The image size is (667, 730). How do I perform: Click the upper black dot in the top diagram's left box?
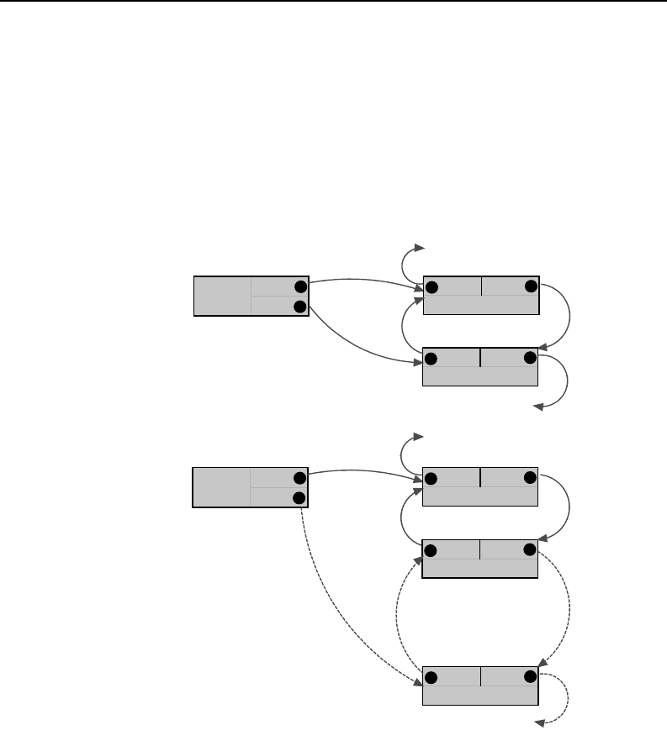[299, 286]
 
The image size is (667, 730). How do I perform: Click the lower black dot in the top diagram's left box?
[299, 307]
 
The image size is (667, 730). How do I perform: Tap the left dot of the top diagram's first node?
[432, 287]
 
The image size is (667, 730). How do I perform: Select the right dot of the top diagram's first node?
[530, 286]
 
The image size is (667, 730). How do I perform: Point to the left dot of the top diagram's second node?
[432, 360]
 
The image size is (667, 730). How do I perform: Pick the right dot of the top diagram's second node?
[530, 359]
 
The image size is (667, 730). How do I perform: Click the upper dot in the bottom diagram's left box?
[299, 477]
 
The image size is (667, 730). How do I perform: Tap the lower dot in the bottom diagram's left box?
[299, 497]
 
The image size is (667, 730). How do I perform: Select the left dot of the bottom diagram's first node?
[432, 479]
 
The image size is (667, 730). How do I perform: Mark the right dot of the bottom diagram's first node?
[530, 478]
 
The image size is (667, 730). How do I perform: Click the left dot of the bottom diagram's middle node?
[432, 551]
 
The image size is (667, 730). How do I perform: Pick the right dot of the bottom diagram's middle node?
[530, 550]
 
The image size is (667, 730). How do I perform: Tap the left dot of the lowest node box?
[432, 678]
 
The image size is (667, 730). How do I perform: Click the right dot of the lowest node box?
[530, 676]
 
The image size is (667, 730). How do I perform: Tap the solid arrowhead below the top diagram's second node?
[543, 408]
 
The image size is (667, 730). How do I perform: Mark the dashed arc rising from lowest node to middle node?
[399, 617]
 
